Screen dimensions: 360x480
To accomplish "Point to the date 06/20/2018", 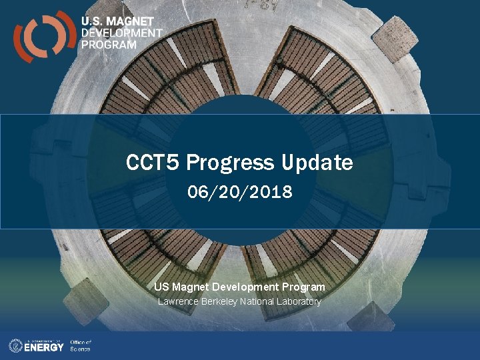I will coord(240,193).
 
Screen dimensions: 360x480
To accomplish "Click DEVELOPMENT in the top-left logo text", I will coord(121,33).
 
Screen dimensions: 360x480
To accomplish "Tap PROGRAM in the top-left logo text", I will coord(109,45).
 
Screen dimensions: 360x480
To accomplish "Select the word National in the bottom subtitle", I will coord(259,302).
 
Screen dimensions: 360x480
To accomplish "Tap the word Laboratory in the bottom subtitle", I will coord(299,302).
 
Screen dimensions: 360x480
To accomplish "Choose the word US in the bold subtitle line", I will coord(161,287).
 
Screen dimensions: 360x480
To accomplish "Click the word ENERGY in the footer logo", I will coord(44,347).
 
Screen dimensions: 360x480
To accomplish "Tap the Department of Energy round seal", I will coord(15,345).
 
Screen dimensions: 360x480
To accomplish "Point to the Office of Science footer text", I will coord(80,345).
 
